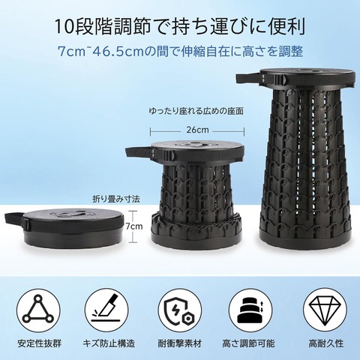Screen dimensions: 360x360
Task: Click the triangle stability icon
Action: click(x=38, y=310)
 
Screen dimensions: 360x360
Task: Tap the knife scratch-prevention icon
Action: click(x=106, y=310)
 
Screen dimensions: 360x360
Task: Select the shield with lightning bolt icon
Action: click(x=180, y=310)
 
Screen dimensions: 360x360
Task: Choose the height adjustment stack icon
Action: click(x=250, y=310)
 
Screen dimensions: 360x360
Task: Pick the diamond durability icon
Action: click(x=325, y=310)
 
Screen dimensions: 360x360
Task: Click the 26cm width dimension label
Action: click(x=197, y=130)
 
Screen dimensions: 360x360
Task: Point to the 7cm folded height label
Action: click(x=134, y=226)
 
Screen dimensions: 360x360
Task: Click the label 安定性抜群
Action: click(x=39, y=343)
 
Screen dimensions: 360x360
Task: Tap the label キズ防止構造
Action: click(x=109, y=343)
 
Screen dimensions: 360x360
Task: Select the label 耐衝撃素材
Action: click(x=179, y=343)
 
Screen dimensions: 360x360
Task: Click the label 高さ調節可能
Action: click(x=248, y=343)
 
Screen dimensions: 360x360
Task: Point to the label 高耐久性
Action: click(x=326, y=343)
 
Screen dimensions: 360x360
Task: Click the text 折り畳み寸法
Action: click(x=116, y=199)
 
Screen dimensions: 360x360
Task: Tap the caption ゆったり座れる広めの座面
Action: click(x=196, y=111)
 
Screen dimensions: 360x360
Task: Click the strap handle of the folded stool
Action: click(x=14, y=218)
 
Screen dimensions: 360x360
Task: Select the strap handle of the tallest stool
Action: click(x=250, y=78)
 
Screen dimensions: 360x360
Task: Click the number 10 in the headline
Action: click(x=61, y=27)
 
